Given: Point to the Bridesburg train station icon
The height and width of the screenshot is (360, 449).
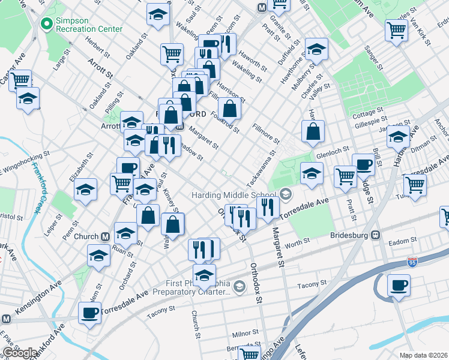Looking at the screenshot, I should point(376,235).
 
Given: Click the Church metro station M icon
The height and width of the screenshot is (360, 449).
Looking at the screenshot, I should point(105,236).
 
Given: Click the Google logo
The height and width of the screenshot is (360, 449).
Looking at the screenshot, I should point(19,353).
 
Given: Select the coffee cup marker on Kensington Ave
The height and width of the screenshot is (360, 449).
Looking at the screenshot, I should point(90,312).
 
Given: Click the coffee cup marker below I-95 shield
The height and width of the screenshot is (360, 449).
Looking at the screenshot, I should point(399,284).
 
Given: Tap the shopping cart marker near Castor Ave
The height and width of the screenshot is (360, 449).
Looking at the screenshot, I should point(20,79).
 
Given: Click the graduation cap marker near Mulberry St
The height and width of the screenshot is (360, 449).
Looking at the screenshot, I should point(316,49).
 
